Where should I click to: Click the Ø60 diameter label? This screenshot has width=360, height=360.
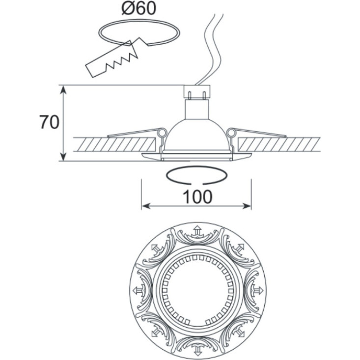[x=139, y=8]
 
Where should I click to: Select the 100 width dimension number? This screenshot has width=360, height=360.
[x=197, y=197]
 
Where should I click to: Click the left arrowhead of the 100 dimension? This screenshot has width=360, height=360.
[x=145, y=206]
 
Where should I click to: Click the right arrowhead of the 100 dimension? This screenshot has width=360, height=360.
[x=247, y=206]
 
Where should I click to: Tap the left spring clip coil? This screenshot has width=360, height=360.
[x=163, y=132]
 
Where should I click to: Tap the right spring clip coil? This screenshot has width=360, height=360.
[x=231, y=132]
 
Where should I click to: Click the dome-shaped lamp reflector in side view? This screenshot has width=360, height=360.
[x=197, y=136]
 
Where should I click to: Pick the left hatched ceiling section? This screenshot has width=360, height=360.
[x=114, y=144]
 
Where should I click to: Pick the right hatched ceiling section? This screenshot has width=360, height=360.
[x=279, y=144]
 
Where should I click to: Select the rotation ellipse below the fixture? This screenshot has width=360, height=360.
[x=196, y=175]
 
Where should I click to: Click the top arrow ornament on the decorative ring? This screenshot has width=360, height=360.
[x=197, y=231]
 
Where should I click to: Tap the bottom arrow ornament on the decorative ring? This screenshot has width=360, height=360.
[x=197, y=350]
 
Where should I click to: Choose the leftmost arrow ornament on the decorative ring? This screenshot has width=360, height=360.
[x=138, y=290]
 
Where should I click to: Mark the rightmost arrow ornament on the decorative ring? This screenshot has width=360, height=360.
[x=258, y=290]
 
